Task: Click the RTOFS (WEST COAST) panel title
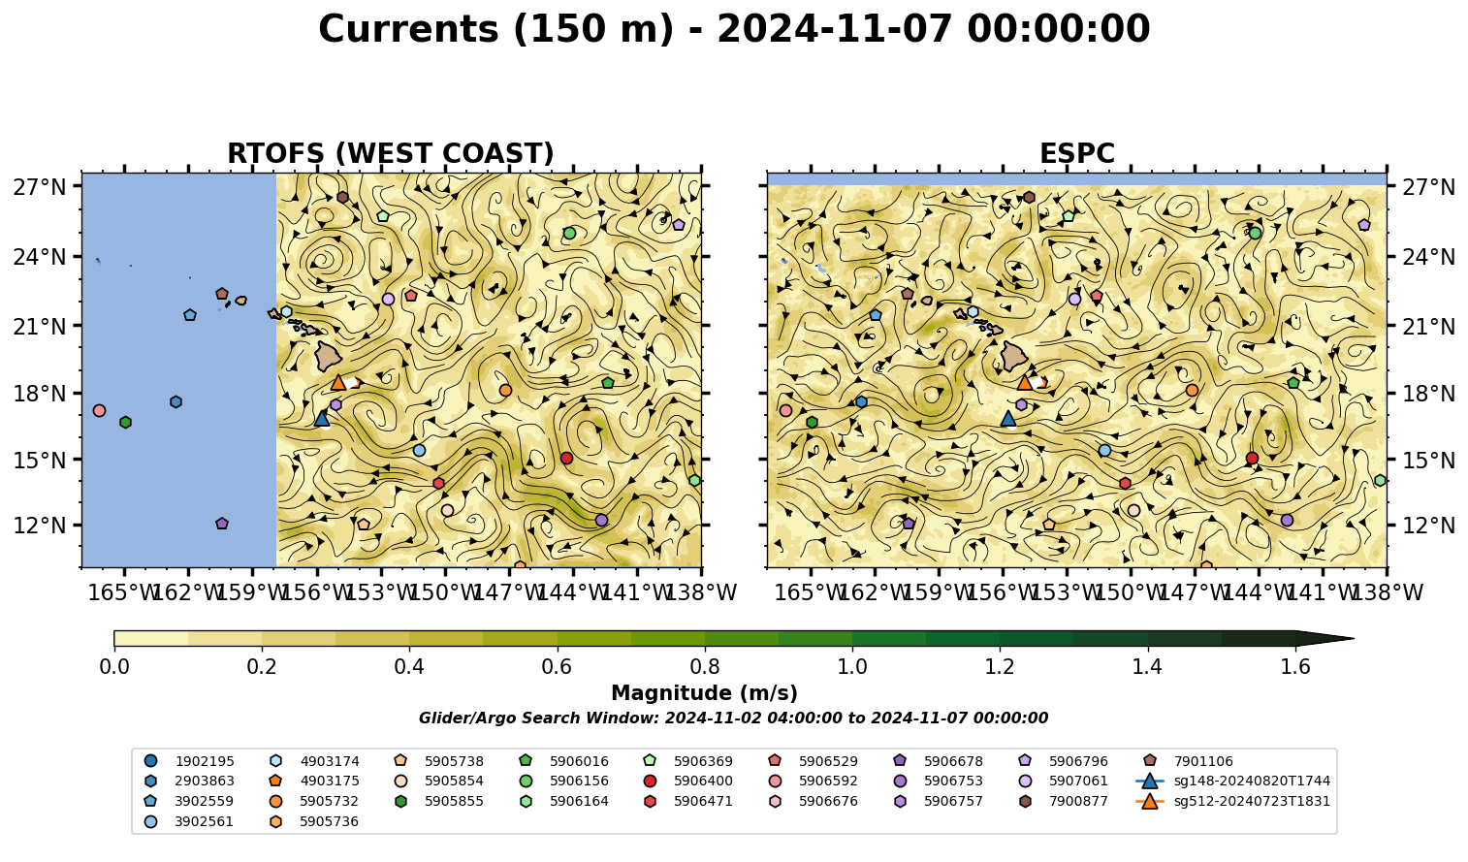pos(391,153)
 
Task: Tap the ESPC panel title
pos(1076,153)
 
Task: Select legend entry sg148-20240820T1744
pos(1232,782)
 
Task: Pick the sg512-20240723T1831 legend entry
pos(1232,801)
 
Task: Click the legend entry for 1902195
pos(189,761)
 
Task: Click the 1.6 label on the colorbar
pos(1295,667)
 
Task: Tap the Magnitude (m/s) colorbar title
pos(705,693)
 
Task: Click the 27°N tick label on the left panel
pos(40,187)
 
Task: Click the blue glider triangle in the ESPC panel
pos(1008,418)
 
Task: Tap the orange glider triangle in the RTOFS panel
pos(338,382)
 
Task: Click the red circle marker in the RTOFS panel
pos(567,459)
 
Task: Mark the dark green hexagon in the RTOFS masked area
pos(125,422)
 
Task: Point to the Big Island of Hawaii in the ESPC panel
pos(1014,357)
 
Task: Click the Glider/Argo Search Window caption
pos(733,718)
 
